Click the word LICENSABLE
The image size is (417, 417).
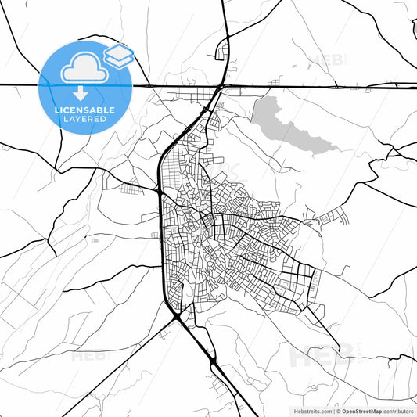click(x=85, y=110)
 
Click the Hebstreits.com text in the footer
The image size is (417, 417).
click(x=311, y=410)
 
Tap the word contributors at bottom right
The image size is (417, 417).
click(x=398, y=410)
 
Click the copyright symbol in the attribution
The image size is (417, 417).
click(x=336, y=410)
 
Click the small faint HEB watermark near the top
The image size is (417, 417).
click(x=322, y=60)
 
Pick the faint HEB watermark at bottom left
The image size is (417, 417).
click(x=87, y=357)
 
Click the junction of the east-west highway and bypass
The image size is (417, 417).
click(x=224, y=85)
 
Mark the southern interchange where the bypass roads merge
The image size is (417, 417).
click(x=181, y=317)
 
